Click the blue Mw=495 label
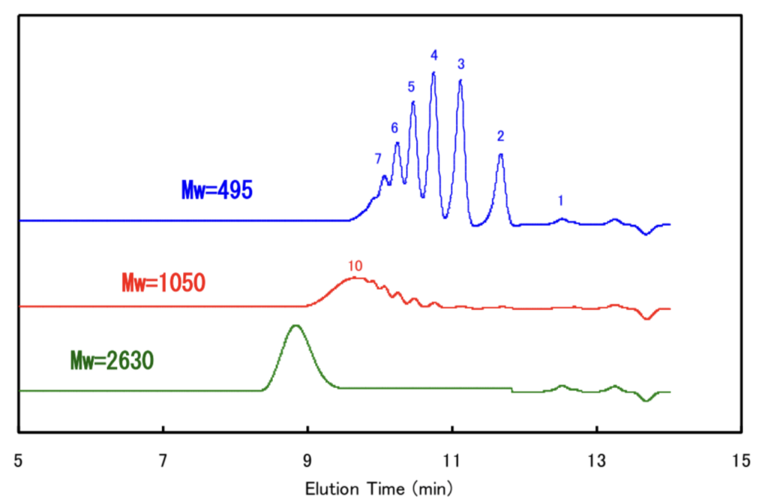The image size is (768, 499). click(x=217, y=190)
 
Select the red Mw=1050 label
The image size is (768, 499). click(x=163, y=283)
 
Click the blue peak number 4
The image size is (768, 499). click(x=433, y=55)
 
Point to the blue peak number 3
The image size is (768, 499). click(x=460, y=64)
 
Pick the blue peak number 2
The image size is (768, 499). click(x=500, y=136)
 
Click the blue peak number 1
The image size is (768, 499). click(x=561, y=200)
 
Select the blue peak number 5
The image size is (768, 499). click(x=411, y=86)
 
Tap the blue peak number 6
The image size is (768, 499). click(x=394, y=128)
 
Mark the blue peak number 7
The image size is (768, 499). click(x=378, y=159)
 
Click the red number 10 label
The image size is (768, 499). click(x=355, y=266)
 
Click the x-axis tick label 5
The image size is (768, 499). click(x=19, y=459)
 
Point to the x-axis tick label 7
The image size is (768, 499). click(x=163, y=459)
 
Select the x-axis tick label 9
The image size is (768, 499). click(x=307, y=459)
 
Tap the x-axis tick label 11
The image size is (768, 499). click(x=451, y=459)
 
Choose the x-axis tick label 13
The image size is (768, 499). click(x=596, y=459)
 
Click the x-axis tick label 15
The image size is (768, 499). click(x=741, y=459)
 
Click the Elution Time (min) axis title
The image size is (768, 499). click(x=378, y=488)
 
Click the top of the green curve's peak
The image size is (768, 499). click(x=296, y=325)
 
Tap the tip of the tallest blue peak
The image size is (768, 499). click(x=433, y=73)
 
